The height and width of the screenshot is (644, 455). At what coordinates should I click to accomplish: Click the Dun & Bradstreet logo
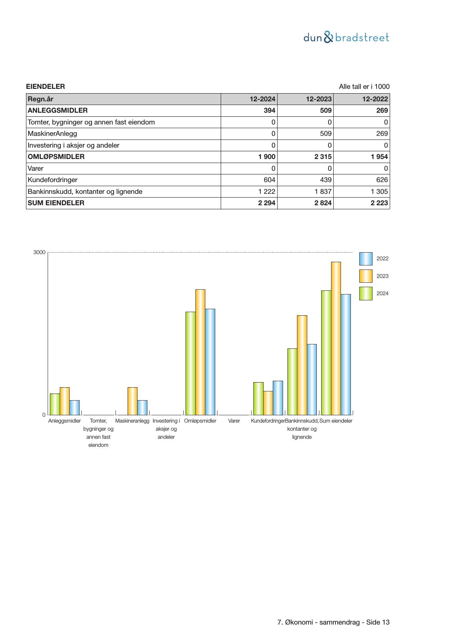(346, 37)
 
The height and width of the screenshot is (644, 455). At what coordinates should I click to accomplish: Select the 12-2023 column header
(319, 99)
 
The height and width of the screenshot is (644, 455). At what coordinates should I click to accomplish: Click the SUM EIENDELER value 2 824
(323, 203)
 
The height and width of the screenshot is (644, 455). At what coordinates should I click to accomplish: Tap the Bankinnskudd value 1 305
(379, 192)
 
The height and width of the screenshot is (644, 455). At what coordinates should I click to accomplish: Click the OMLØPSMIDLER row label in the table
(56, 157)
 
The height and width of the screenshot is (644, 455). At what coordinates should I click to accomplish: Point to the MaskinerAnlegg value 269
(382, 134)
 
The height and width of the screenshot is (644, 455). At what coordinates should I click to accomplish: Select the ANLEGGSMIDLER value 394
(269, 111)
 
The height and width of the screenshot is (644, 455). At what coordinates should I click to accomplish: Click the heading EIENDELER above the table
(45, 87)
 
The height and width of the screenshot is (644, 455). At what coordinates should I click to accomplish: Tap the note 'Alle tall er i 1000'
(364, 87)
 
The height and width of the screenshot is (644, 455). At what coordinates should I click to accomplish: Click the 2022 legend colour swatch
(366, 259)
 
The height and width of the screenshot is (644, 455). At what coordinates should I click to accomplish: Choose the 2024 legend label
(382, 293)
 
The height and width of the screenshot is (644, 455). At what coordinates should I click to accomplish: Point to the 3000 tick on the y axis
(40, 252)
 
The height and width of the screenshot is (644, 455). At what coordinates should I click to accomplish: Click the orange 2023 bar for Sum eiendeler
(336, 338)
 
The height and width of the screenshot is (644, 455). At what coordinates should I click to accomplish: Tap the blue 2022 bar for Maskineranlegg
(142, 407)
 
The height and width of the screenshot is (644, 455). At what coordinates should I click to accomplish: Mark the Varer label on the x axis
(234, 421)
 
